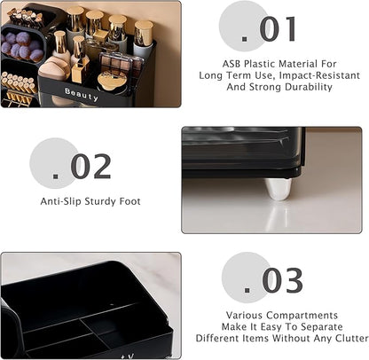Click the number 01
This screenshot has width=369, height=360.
[278, 29]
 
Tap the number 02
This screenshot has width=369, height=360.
[90, 167]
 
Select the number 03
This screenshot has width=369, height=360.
[282, 280]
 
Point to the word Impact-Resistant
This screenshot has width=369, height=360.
[319, 75]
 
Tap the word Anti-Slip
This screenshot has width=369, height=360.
[60, 201]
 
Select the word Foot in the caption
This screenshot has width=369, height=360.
[130, 201]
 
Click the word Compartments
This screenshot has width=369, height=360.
[302, 316]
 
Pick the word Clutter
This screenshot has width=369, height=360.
[351, 338]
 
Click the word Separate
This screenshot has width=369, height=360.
[322, 327]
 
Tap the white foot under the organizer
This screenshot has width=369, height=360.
[278, 189]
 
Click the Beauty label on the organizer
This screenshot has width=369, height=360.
[82, 94]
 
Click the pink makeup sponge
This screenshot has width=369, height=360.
[55, 68]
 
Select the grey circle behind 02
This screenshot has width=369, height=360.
[55, 163]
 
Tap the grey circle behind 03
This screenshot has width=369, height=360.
[247, 278]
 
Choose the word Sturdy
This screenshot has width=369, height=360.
[100, 202]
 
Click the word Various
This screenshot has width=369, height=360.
[245, 316]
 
